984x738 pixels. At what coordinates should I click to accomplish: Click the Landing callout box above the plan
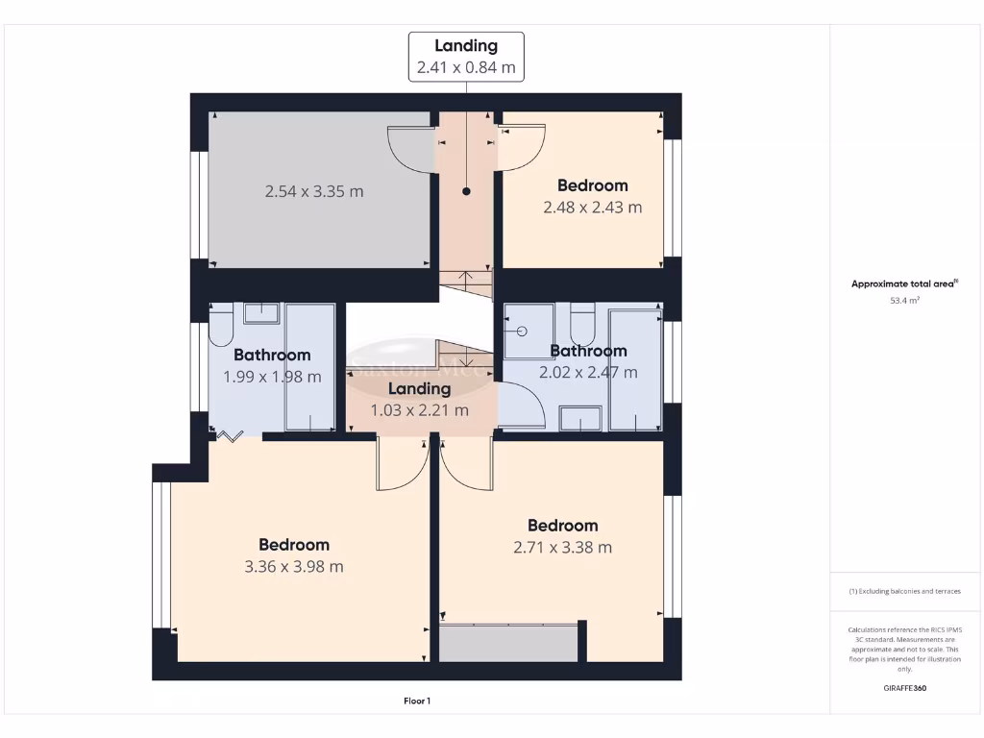tap(466, 57)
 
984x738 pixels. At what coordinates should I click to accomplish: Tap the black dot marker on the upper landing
tap(467, 191)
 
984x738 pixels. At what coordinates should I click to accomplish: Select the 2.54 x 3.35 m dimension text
tap(314, 191)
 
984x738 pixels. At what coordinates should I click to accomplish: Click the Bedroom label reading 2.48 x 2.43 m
tap(593, 196)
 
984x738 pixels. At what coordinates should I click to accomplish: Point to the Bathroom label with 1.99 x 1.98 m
tap(272, 366)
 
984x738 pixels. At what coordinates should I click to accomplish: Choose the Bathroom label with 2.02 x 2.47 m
tap(588, 361)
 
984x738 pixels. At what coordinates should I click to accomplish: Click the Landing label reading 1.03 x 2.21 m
tap(420, 400)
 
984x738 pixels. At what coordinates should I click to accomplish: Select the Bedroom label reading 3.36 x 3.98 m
tap(294, 555)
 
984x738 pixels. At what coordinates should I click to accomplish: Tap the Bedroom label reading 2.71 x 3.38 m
tap(563, 536)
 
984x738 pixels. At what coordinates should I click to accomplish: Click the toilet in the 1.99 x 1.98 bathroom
tap(220, 328)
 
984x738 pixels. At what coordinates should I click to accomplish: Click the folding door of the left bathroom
tap(230, 436)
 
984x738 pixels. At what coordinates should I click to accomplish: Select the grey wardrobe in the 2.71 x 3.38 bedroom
tap(508, 642)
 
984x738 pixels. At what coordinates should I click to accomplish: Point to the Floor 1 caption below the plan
tap(417, 701)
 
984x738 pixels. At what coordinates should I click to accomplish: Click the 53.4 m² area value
tap(904, 301)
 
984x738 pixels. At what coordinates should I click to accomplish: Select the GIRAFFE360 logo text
tap(904, 688)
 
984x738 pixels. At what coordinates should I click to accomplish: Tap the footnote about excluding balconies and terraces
tap(904, 591)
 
